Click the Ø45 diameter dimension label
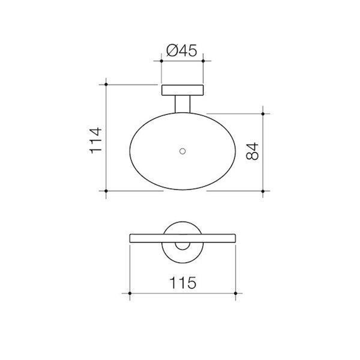(x=182, y=51)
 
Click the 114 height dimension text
(x=96, y=140)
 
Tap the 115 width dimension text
(x=183, y=283)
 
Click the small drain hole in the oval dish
(x=182, y=151)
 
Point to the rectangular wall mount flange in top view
(x=182, y=90)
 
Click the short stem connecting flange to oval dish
(x=182, y=104)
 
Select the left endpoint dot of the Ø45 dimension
(x=161, y=61)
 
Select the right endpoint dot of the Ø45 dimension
(x=203, y=61)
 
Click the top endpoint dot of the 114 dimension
(x=106, y=85)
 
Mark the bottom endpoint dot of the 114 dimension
(x=106, y=191)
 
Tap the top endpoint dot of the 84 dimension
(x=263, y=114)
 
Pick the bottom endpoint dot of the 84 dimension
(x=263, y=191)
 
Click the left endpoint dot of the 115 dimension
(x=130, y=293)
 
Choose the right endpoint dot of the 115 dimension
(x=236, y=293)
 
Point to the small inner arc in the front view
(x=182, y=246)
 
